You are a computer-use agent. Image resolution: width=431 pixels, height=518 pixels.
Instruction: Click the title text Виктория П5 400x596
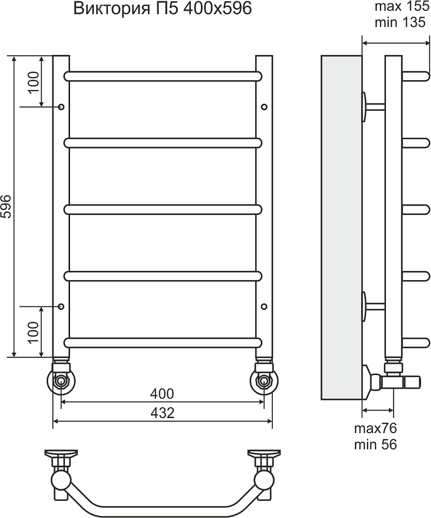[x=162, y=9]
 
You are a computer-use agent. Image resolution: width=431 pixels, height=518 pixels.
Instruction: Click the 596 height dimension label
[x=6, y=207]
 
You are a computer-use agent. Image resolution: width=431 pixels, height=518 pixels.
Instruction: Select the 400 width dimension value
[x=162, y=394]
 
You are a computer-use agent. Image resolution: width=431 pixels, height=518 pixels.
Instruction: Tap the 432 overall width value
[x=162, y=412]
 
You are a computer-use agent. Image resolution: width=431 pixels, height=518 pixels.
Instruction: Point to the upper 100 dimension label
[x=33, y=82]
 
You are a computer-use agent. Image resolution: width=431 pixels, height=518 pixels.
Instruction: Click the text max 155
[x=402, y=7]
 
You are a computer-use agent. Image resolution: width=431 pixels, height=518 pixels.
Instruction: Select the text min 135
[x=400, y=22]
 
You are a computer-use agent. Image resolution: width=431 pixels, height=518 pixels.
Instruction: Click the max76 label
[x=375, y=428]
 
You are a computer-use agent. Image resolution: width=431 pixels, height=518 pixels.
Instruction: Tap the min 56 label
[x=375, y=444]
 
